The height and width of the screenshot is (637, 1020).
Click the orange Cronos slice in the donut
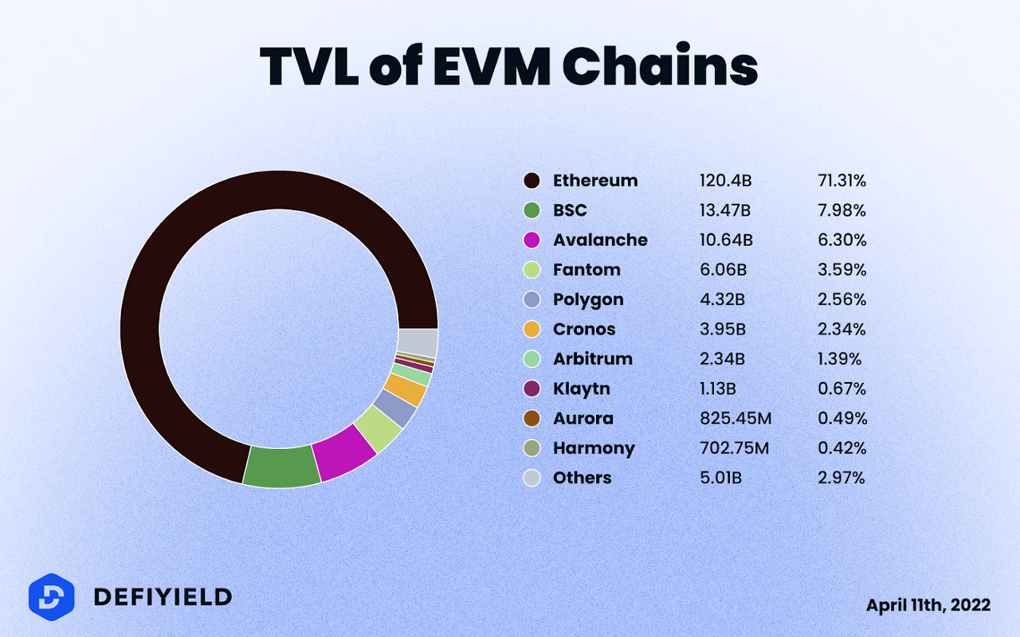405,389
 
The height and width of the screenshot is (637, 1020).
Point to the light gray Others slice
418,343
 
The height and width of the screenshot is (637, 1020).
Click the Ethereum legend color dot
532,181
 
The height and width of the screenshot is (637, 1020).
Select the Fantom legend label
586,270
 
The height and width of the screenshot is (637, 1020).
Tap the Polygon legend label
588,299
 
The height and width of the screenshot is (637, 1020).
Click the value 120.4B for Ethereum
725,181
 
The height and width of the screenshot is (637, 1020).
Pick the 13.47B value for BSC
725,210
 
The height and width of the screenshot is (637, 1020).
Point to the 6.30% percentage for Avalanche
841,240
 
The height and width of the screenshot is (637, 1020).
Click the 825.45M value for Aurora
736,418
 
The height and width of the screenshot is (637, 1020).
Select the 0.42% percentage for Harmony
841,448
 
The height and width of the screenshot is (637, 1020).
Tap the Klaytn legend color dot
532,389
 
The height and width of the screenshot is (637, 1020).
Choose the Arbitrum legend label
592,359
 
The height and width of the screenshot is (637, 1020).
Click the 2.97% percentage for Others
841,478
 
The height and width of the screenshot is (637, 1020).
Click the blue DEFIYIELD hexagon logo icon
51,596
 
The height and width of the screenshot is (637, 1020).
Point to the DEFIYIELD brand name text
163,596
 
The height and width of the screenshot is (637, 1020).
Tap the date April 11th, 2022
928,605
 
